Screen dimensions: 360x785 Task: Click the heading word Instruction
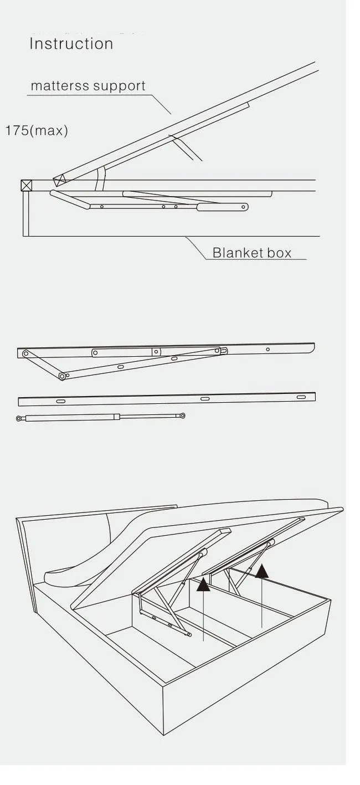(71, 44)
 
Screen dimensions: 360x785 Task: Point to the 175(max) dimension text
(37, 131)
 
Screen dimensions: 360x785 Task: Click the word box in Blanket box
(279, 253)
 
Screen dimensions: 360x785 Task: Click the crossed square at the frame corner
(27, 185)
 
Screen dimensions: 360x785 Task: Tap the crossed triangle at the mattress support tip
(59, 180)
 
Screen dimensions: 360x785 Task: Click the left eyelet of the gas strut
(19, 419)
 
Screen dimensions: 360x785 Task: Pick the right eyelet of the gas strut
(183, 415)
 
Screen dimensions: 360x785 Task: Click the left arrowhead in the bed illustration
(204, 583)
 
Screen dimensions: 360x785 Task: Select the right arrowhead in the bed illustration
(262, 571)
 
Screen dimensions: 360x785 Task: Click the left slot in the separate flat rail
(60, 401)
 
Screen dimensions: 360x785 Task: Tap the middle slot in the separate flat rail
(204, 398)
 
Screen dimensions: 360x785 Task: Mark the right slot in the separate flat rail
(301, 397)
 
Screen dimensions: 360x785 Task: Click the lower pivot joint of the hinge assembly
(62, 376)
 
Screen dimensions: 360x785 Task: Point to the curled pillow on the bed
(83, 571)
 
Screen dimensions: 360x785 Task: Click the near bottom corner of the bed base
(164, 735)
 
